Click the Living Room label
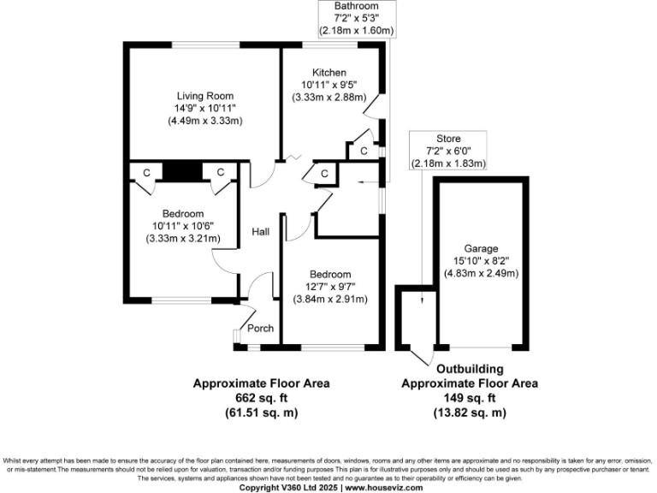tap(205, 95)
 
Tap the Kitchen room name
tap(329, 72)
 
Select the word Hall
tap(260, 231)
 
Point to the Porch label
tap(260, 328)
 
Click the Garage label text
tap(482, 248)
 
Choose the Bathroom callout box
tap(357, 19)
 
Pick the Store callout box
tap(448, 151)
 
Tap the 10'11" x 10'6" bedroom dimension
tap(183, 226)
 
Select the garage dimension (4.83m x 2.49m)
tap(482, 274)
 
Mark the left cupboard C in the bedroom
tap(146, 173)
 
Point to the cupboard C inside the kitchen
tap(363, 151)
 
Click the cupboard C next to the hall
tap(324, 174)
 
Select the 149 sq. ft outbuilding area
tap(470, 398)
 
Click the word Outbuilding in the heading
tap(470, 370)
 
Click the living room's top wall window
tap(205, 45)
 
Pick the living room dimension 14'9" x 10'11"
tap(205, 108)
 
